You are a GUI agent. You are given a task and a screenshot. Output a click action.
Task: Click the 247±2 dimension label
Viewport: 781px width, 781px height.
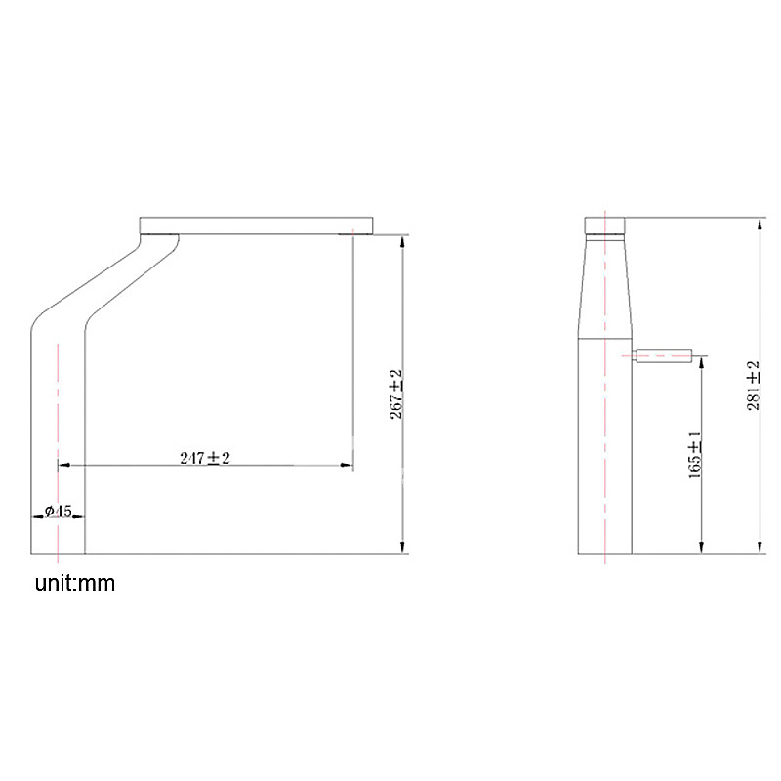pyautogui.click(x=205, y=458)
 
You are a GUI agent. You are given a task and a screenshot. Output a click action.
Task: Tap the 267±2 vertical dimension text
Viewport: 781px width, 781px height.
pyautogui.click(x=396, y=394)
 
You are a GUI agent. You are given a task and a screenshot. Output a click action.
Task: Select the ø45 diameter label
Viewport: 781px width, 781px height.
pyautogui.click(x=59, y=511)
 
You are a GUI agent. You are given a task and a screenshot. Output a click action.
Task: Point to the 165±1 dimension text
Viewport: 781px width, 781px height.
pyautogui.click(x=695, y=455)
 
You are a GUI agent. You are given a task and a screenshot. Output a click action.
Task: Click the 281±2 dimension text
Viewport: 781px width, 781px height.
pyautogui.click(x=754, y=386)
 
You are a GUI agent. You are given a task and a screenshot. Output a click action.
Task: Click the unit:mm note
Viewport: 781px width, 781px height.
pyautogui.click(x=75, y=583)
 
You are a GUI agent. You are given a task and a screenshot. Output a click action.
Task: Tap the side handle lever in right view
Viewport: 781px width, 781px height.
pyautogui.click(x=662, y=356)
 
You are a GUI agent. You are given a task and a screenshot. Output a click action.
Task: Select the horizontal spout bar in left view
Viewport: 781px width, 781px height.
pyautogui.click(x=256, y=226)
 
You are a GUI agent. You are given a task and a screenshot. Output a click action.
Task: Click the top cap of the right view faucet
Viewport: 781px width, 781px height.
pyautogui.click(x=604, y=226)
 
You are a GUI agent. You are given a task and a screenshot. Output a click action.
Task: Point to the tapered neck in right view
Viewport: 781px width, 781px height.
pyautogui.click(x=604, y=286)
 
